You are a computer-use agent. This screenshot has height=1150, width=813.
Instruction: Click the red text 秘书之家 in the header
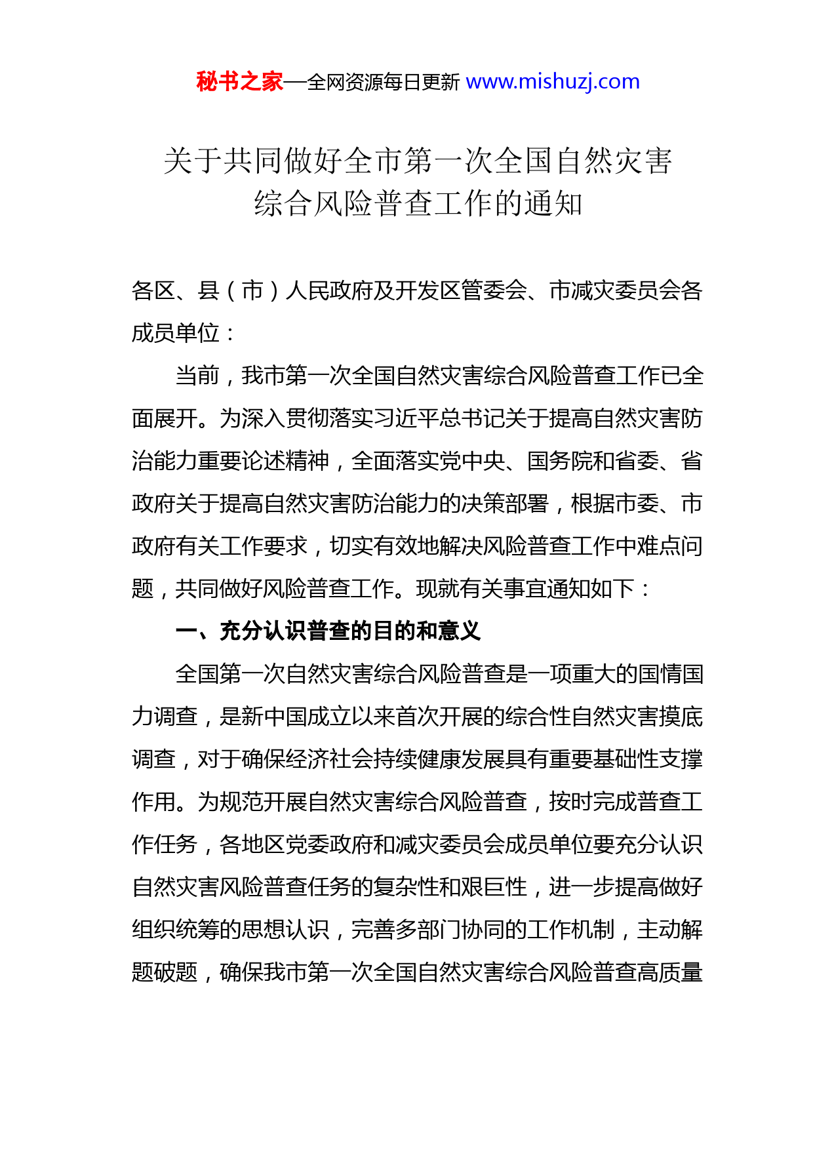[239, 82]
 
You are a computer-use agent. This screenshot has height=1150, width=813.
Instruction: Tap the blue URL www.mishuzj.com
[552, 82]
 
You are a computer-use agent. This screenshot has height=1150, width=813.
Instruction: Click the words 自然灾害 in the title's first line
[614, 161]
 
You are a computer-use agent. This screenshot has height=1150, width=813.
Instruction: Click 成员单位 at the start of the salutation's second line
[175, 333]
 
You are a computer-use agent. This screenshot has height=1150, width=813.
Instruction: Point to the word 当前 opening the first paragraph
[197, 376]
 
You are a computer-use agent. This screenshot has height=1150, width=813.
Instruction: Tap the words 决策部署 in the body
[504, 504]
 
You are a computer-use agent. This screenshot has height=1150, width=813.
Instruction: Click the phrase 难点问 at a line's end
[669, 546]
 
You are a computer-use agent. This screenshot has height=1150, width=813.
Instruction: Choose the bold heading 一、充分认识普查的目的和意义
[328, 631]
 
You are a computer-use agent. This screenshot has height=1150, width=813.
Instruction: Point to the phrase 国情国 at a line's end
[669, 674]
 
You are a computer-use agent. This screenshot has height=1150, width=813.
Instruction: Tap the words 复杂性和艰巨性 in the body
[450, 887]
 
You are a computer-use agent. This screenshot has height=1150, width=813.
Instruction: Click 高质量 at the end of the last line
[669, 972]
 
